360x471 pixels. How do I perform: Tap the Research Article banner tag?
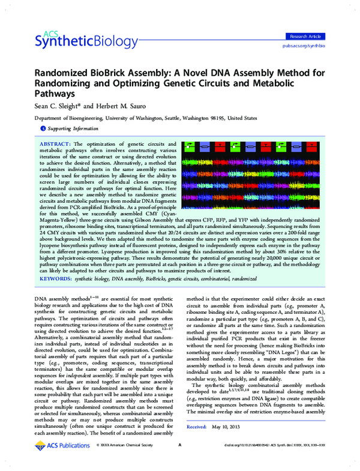pyautogui.click(x=307, y=37)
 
